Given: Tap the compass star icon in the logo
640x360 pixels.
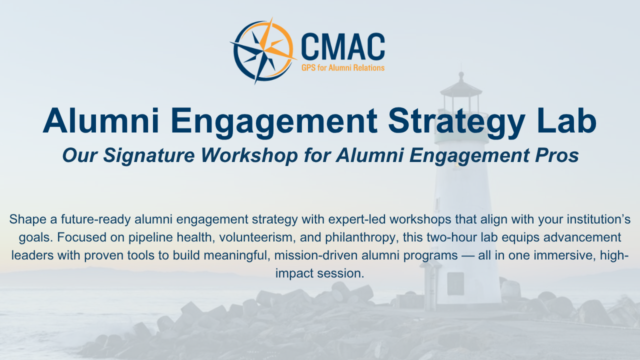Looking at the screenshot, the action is tap(263, 51).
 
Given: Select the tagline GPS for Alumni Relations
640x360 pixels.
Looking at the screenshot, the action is tap(343, 67).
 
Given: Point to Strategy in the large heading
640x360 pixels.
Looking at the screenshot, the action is tap(456, 123).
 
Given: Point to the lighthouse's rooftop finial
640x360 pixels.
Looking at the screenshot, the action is tap(461, 76).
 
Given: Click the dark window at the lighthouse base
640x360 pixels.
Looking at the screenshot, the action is tap(455, 283).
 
